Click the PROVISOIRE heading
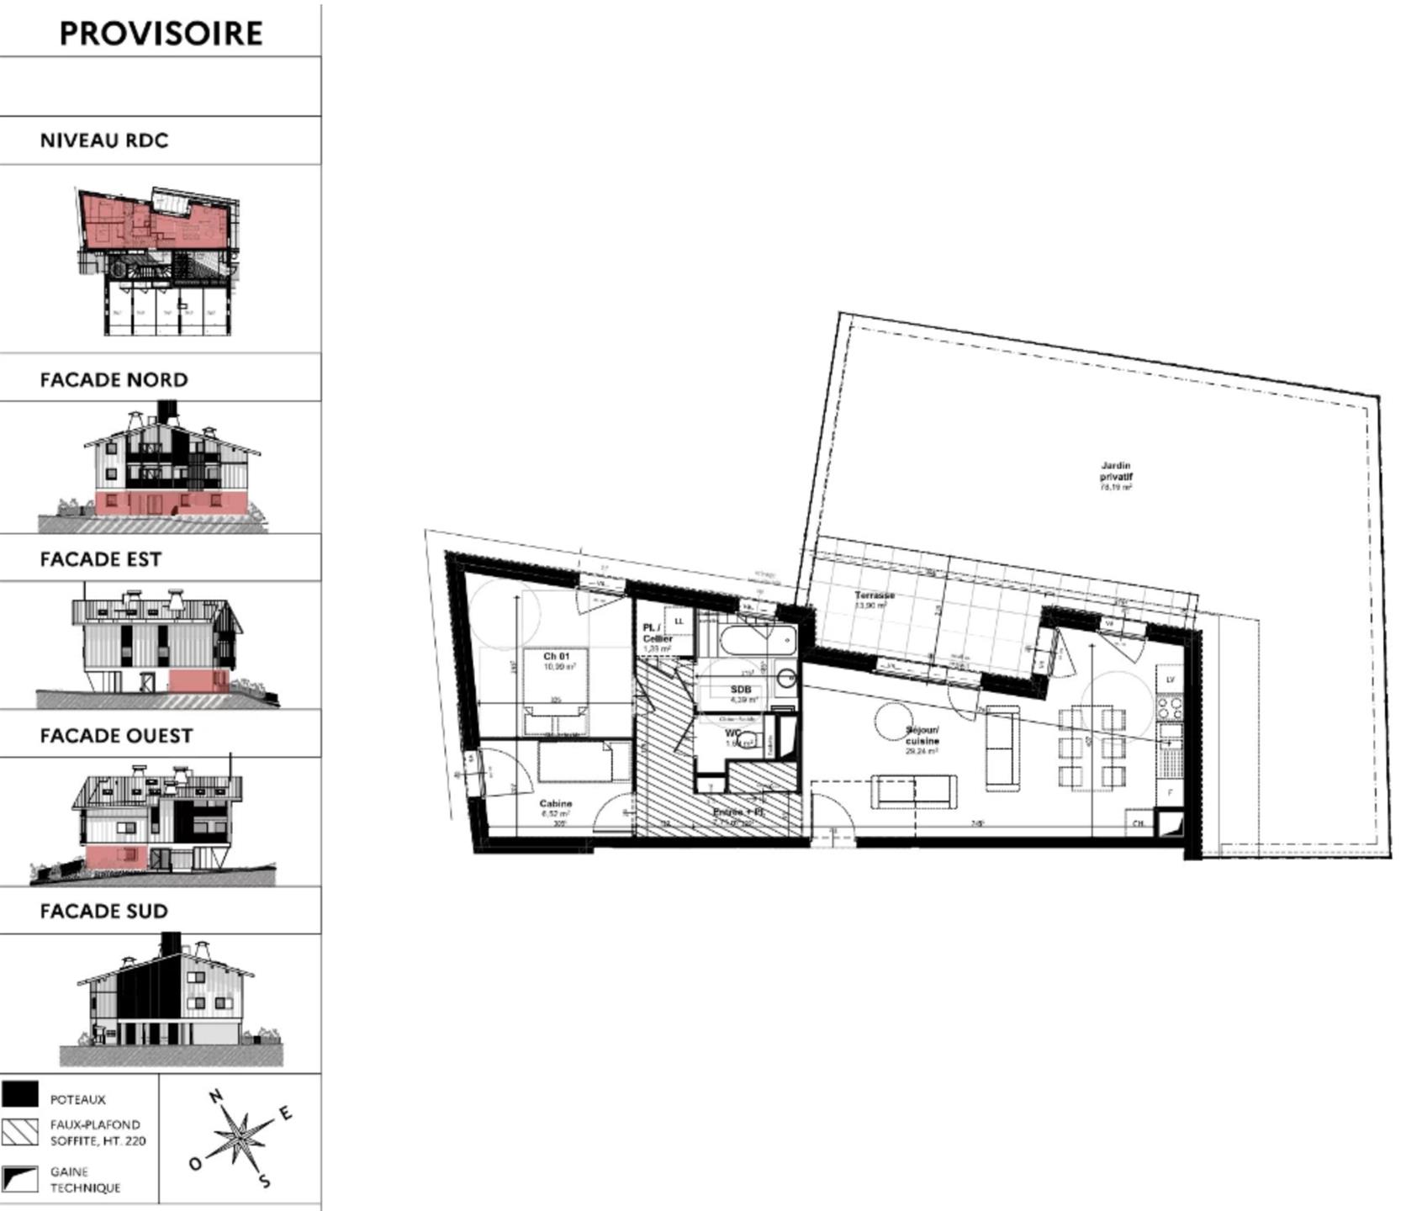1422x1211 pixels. [161, 34]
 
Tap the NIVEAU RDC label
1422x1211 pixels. [104, 140]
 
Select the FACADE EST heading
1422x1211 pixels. [100, 559]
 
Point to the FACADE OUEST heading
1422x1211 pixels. [116, 736]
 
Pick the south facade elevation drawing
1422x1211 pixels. [171, 1001]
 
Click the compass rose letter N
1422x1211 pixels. [215, 1097]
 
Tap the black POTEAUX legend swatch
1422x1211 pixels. [19, 1094]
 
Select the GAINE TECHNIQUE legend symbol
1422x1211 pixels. [19, 1178]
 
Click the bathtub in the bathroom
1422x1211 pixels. [757, 643]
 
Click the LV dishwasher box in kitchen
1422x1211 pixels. [1170, 679]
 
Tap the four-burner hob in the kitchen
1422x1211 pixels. [1170, 709]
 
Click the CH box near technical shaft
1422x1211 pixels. [1138, 824]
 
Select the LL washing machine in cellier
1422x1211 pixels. [679, 621]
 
